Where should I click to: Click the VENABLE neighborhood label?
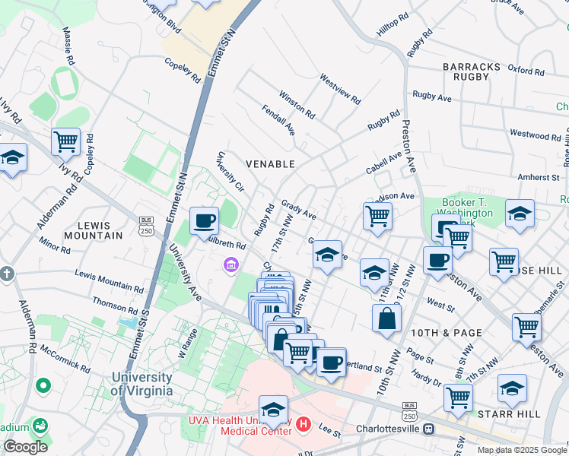point(269,163)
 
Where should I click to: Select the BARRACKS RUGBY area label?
point(471,71)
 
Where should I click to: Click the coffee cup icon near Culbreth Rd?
point(204,221)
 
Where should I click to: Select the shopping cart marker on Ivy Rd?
point(66,141)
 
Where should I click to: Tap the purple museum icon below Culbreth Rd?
point(230,265)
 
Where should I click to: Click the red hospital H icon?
point(304,423)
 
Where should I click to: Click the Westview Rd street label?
point(339,88)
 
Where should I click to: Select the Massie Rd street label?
point(70,47)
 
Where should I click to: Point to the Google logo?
point(25,446)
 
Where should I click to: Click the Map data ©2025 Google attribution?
point(521,450)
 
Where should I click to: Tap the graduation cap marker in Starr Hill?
point(512,388)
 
